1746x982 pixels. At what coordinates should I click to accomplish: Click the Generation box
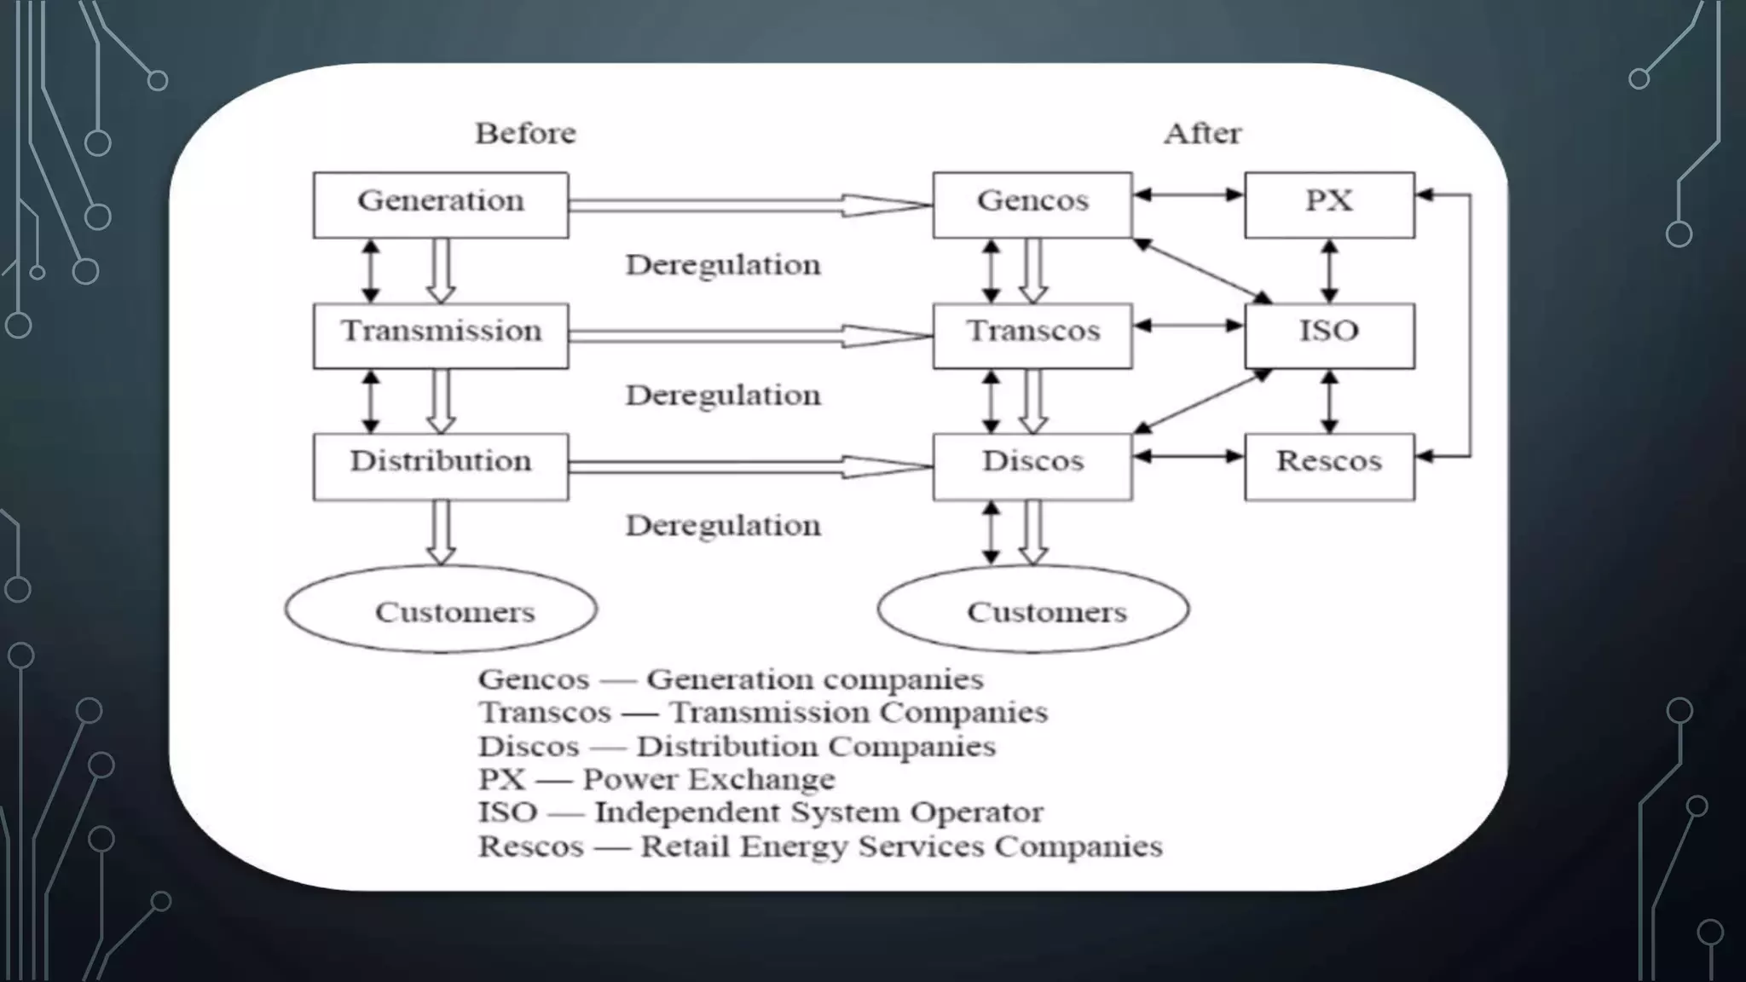[440, 205]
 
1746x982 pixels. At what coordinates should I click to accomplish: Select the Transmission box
[440, 335]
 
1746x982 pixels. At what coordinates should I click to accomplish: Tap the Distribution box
[440, 465]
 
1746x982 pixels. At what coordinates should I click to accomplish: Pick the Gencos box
[1032, 205]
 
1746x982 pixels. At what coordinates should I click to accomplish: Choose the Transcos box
[1032, 335]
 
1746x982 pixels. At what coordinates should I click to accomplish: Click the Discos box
[1032, 465]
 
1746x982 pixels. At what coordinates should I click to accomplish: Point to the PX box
[1329, 205]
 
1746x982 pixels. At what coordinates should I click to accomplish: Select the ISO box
[1329, 335]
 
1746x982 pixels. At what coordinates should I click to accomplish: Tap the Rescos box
[1329, 465]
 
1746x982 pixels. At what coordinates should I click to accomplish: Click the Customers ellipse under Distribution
[441, 609]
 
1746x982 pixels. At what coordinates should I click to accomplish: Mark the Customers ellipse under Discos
[1033, 609]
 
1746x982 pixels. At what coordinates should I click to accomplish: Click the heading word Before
[525, 133]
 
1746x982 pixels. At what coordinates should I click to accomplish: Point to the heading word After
[1202, 133]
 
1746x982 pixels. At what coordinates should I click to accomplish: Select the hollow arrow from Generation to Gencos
[750, 205]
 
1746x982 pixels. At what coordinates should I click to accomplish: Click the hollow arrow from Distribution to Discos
[750, 466]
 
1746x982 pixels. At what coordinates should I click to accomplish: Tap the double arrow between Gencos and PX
[1188, 195]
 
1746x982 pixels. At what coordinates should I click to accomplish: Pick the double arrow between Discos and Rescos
[1188, 457]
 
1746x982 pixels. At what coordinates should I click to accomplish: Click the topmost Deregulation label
[723, 265]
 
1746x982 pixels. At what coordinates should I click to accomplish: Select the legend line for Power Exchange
[656, 779]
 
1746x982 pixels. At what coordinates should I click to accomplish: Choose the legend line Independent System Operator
[760, 812]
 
